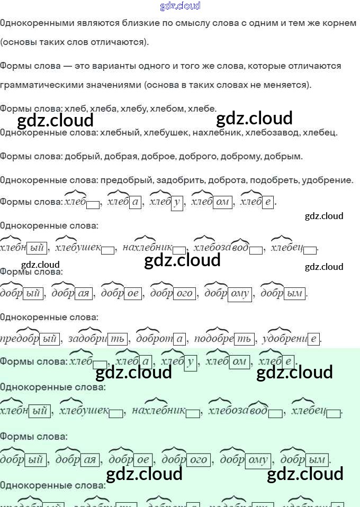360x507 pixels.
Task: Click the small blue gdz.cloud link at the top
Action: click(x=180, y=6)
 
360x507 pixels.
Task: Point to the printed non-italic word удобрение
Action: click(x=327, y=180)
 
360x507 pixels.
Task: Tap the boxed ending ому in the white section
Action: click(x=240, y=294)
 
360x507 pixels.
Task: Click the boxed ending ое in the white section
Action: click(x=133, y=294)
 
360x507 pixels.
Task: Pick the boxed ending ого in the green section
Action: click(x=199, y=460)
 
